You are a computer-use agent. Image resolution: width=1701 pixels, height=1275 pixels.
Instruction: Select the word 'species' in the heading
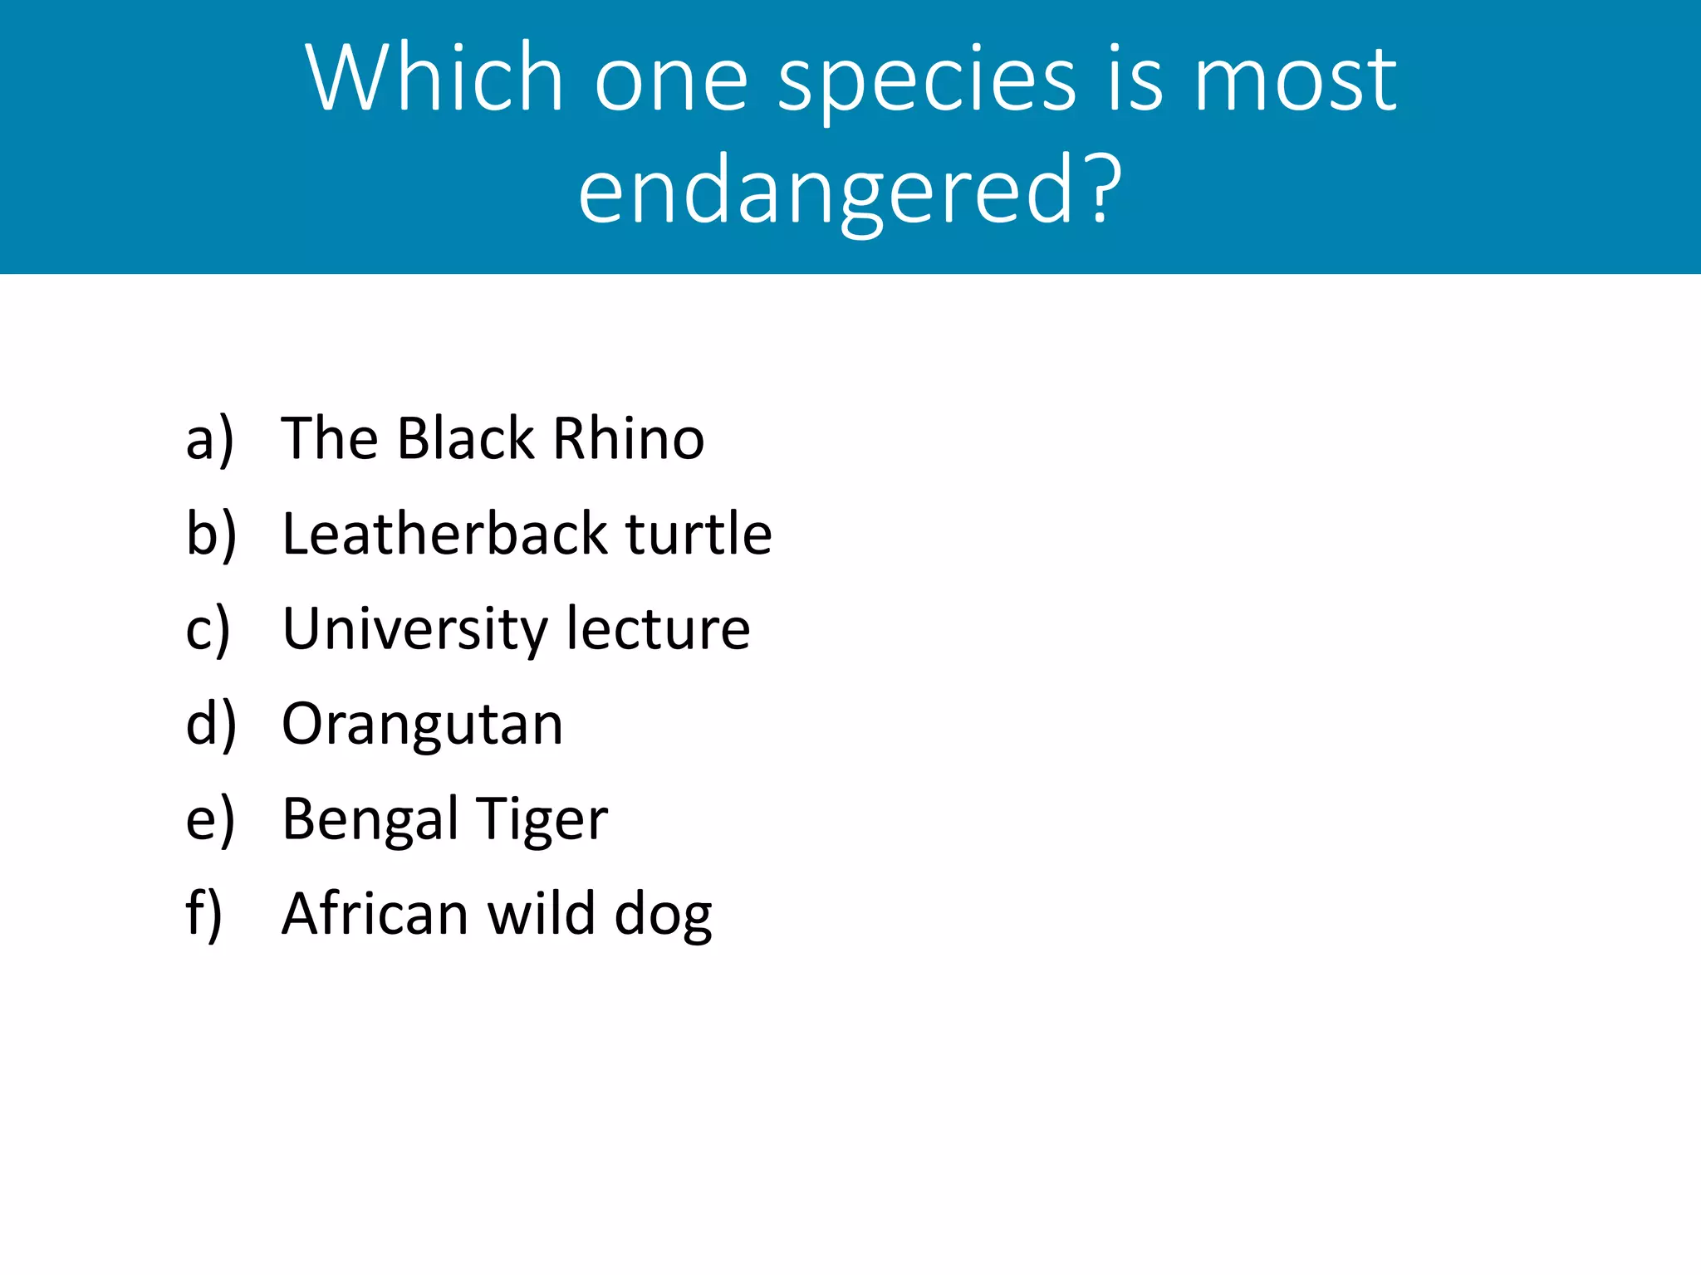point(926,83)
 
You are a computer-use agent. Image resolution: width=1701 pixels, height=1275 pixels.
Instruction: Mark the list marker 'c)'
point(208,629)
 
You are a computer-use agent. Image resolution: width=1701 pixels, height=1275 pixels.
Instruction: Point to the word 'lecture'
point(658,628)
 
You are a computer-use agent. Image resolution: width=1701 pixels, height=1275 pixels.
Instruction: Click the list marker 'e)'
point(210,820)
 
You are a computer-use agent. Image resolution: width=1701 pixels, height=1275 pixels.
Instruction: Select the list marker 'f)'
point(203,914)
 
